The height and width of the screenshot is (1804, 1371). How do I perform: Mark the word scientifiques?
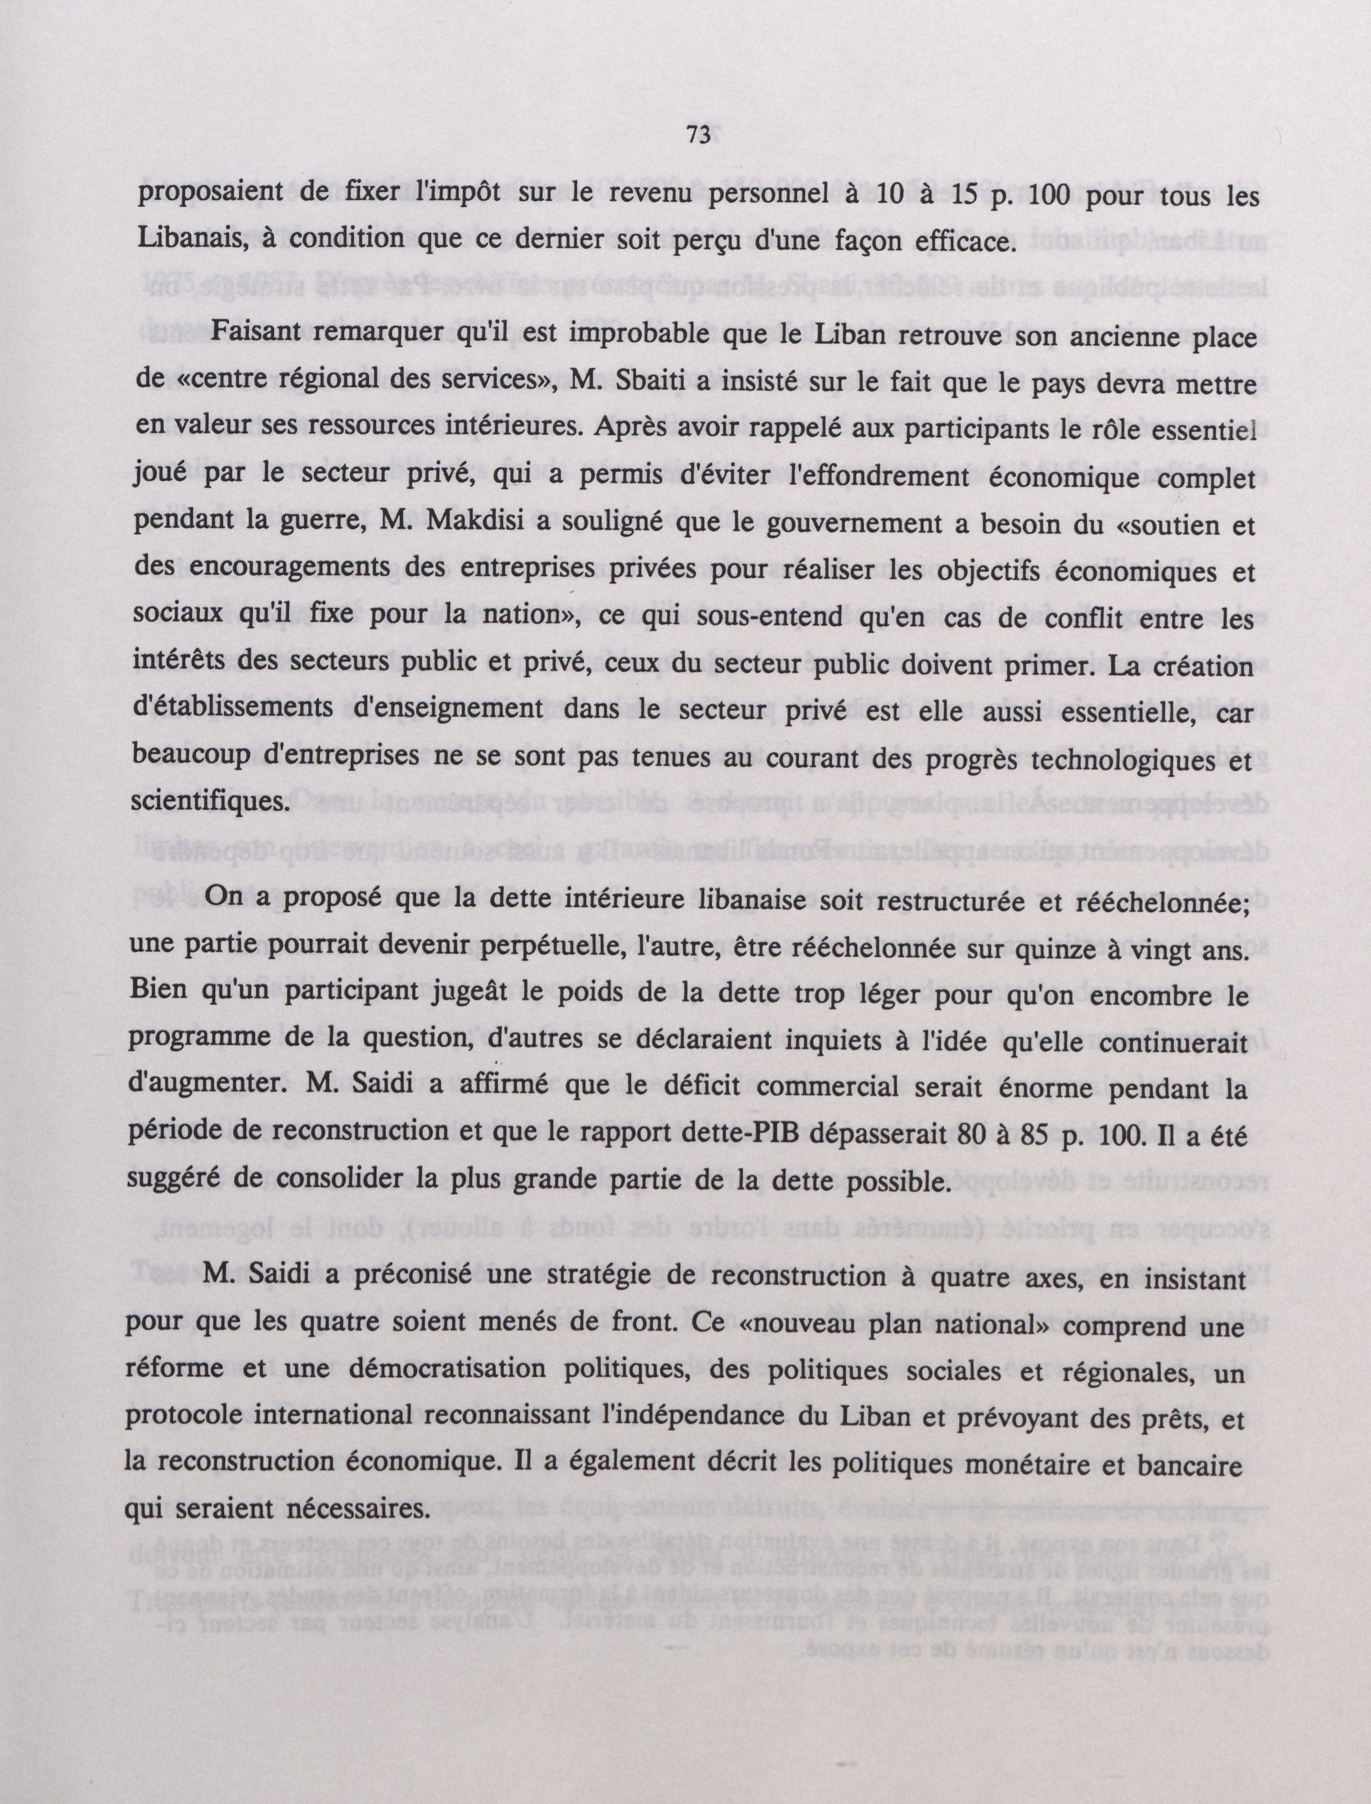click(x=210, y=801)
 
